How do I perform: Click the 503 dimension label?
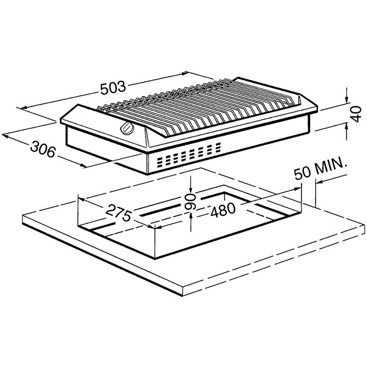(113, 87)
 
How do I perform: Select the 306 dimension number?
(43, 149)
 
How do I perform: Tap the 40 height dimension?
(356, 114)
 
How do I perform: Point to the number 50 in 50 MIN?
(303, 173)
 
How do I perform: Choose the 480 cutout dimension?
(223, 209)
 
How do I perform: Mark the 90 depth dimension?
(190, 202)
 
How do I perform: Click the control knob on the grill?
(127, 128)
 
